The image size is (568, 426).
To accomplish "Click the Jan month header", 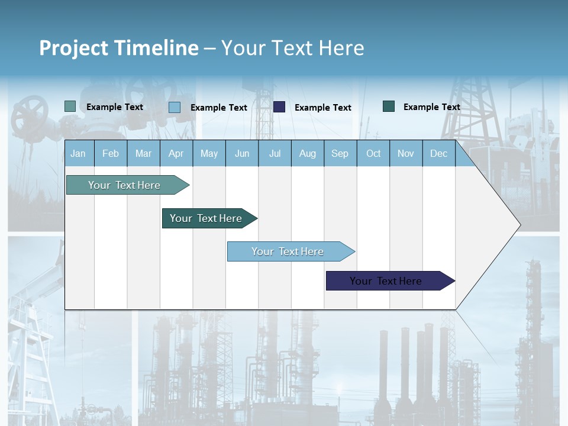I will (78, 153).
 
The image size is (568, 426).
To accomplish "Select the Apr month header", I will (176, 153).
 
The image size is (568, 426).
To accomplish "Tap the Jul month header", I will (275, 153).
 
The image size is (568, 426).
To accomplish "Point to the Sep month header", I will (340, 153).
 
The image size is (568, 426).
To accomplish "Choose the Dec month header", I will (438, 153).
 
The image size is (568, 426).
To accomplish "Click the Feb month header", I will (111, 153).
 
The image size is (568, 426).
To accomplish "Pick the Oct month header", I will (373, 153).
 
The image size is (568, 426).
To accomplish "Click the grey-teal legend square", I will (70, 106).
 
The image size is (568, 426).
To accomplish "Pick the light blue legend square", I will (175, 107).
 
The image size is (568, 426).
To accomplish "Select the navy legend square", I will (279, 106).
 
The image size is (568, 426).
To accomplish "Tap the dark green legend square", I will (389, 106).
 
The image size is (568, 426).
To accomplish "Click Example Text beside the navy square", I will (322, 108).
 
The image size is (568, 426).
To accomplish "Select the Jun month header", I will (242, 153).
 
